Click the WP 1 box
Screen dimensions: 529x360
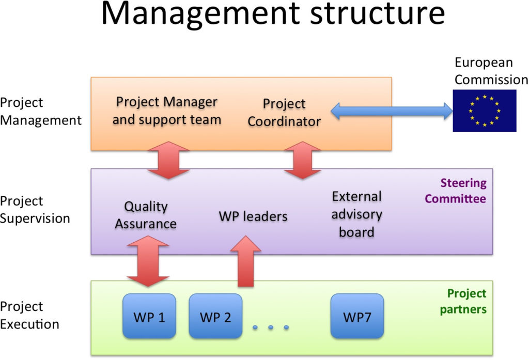[x=149, y=316]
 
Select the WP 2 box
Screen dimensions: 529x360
[x=215, y=316]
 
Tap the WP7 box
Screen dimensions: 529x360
[x=357, y=316]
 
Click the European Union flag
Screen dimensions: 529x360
[x=485, y=111]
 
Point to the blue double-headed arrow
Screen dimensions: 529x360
[x=392, y=111]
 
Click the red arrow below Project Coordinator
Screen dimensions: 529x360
[x=303, y=160]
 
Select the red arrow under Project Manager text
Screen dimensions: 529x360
[x=168, y=160]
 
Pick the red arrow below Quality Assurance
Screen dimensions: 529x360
[x=148, y=261]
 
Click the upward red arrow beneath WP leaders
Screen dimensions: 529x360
[x=245, y=261]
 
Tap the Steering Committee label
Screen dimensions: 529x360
[x=456, y=191]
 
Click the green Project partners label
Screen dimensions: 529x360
[x=463, y=301]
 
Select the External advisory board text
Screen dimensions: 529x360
[x=356, y=214]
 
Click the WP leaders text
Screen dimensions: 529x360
[x=253, y=216]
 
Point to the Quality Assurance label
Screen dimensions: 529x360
[x=146, y=215]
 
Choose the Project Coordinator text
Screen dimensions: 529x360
[x=284, y=113]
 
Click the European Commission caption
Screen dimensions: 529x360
[x=491, y=71]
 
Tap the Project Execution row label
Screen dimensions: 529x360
[x=29, y=315]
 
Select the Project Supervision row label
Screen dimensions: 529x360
[x=35, y=210]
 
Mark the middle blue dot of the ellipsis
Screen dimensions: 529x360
[x=271, y=327]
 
